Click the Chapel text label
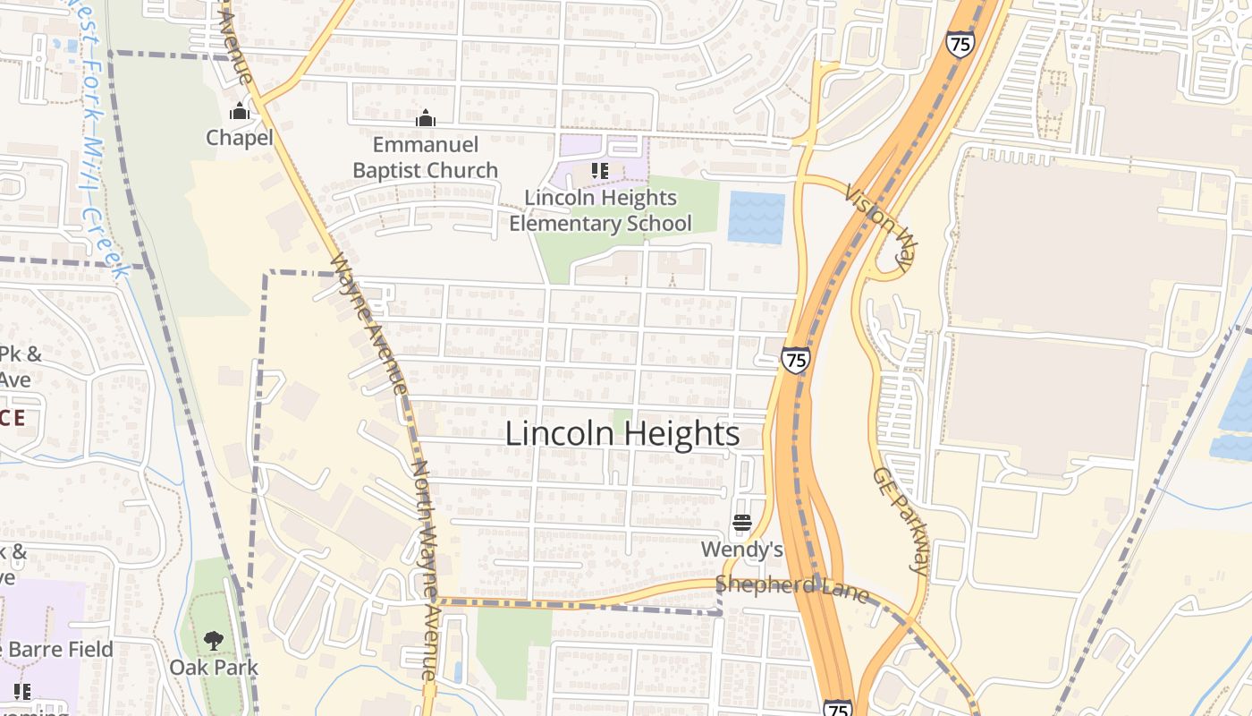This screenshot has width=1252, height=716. point(239,138)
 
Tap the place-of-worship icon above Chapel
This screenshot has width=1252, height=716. point(239,112)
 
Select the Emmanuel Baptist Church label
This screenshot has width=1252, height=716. point(425,158)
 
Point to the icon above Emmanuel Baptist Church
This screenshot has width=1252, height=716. point(426,118)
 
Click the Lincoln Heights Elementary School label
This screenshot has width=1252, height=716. point(600,210)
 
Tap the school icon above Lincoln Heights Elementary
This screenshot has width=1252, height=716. point(600,170)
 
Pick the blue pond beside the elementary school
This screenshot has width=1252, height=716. point(756,217)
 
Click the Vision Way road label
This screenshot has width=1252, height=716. point(880,224)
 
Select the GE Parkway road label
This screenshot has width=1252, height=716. point(901,519)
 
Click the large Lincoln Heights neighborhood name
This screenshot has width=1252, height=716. point(622,434)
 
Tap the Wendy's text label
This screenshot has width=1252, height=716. point(741,549)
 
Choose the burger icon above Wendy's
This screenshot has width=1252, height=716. point(741,522)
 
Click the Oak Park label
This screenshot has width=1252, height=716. point(214,668)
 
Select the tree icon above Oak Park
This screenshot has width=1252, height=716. point(213,641)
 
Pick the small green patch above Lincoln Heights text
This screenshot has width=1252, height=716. point(622,415)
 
